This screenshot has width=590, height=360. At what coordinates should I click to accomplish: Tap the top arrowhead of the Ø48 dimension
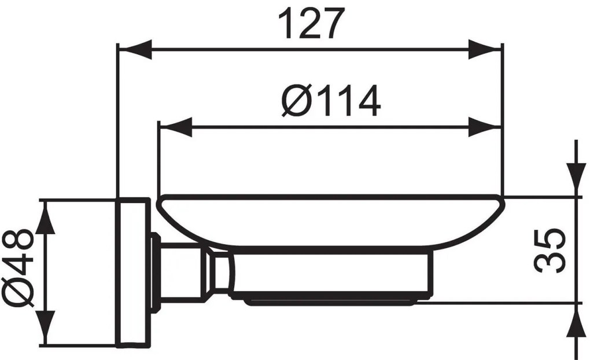pos(48,218)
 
